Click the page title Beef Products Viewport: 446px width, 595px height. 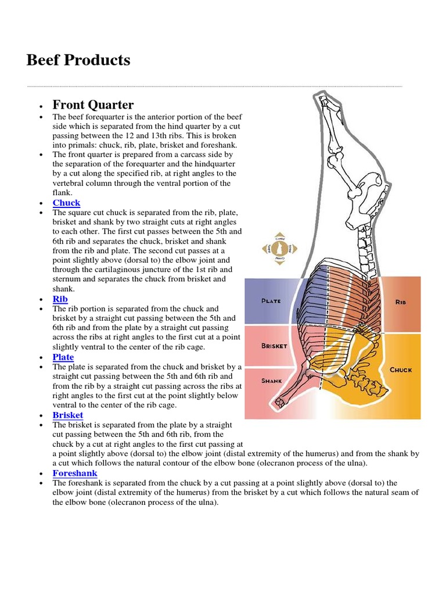(x=78, y=60)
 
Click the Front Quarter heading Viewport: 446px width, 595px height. (x=93, y=105)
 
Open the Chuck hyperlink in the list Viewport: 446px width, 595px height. (x=66, y=203)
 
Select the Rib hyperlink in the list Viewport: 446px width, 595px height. (x=60, y=299)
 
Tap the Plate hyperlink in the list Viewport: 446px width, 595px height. (x=63, y=357)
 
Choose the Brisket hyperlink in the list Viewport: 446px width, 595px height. (x=68, y=415)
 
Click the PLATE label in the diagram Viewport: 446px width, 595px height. (x=271, y=301)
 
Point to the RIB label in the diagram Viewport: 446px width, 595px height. (x=401, y=303)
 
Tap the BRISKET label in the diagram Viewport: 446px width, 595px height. (x=274, y=346)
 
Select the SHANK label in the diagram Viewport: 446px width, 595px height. (x=272, y=381)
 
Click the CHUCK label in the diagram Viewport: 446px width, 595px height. (x=401, y=370)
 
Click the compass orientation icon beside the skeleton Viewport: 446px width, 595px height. (x=279, y=249)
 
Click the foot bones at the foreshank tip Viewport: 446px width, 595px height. (x=282, y=402)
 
